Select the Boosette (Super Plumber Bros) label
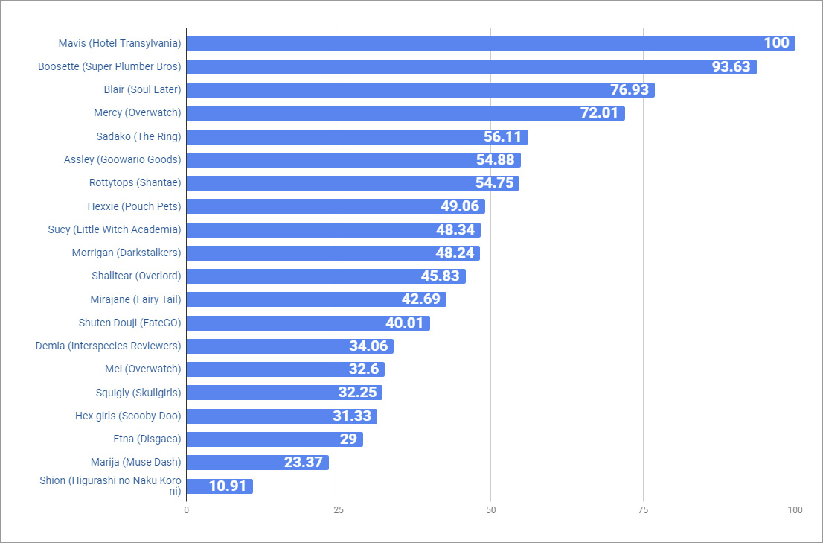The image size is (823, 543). point(109,66)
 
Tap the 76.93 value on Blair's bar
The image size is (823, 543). point(630,90)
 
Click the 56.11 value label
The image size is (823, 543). point(503,137)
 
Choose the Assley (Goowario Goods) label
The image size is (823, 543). point(122,159)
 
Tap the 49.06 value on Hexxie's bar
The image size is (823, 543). point(460,206)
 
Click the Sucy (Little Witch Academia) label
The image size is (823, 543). point(114,229)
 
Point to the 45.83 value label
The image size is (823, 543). point(441,276)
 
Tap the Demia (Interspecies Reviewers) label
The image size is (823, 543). point(108,346)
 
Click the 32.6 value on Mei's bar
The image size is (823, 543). point(364,369)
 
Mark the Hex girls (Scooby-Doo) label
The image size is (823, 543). point(128,416)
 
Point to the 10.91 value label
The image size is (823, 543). point(228,486)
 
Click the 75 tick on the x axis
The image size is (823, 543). point(643,510)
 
